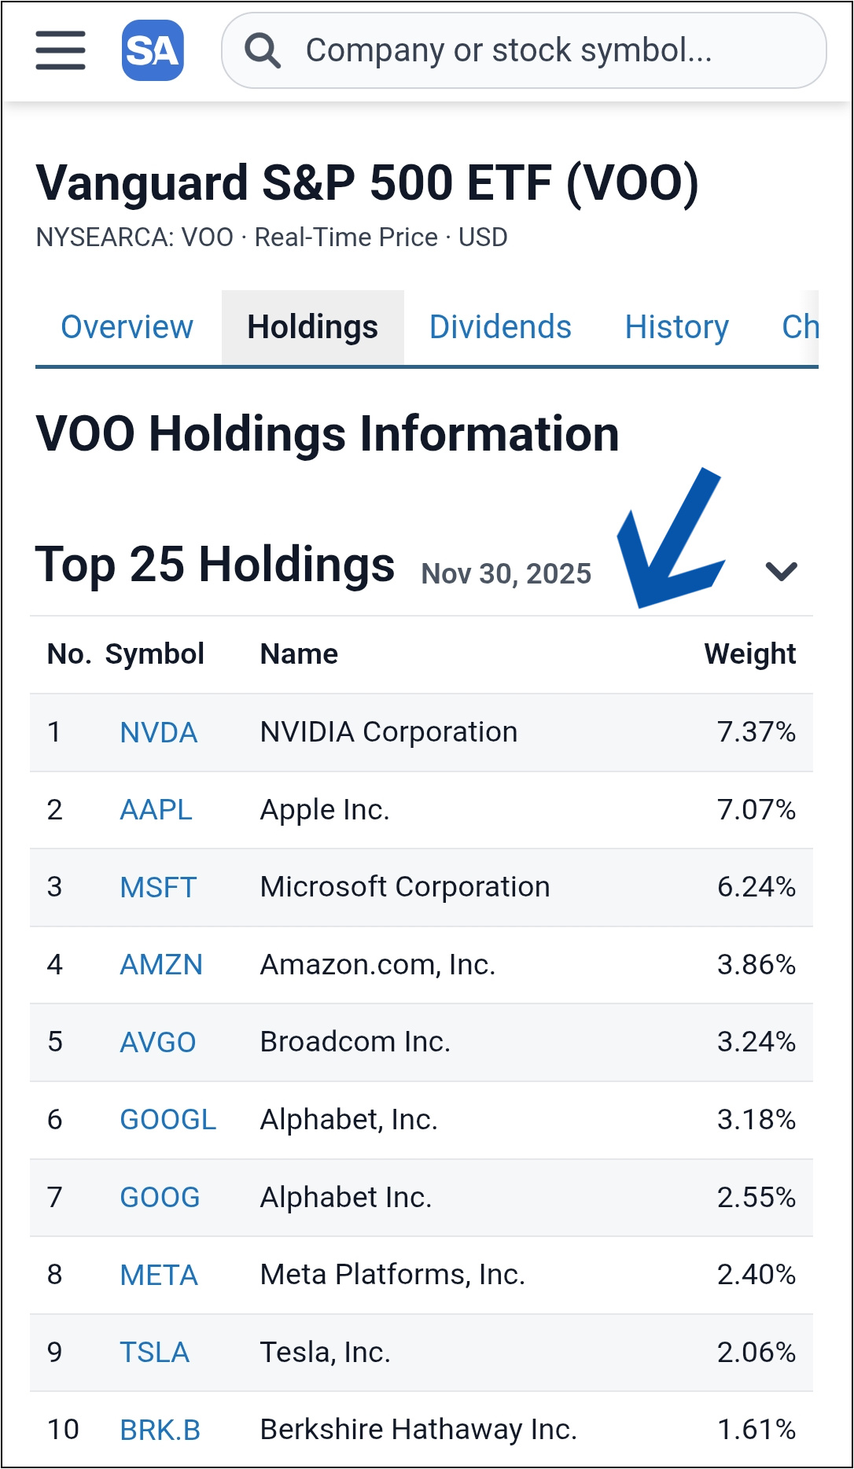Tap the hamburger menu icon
click(x=61, y=50)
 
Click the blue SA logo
click(x=153, y=51)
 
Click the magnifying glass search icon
click(x=262, y=51)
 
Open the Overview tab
click(x=127, y=327)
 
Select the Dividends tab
click(x=500, y=327)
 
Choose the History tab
click(x=676, y=327)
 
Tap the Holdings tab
click(x=312, y=327)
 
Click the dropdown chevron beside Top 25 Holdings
click(x=781, y=571)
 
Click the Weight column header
click(x=749, y=654)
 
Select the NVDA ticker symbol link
click(x=158, y=733)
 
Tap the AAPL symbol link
click(x=156, y=810)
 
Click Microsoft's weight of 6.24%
click(x=756, y=887)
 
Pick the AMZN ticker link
click(x=161, y=965)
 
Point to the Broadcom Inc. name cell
click(x=355, y=1042)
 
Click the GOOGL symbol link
click(x=167, y=1120)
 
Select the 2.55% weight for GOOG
click(x=756, y=1198)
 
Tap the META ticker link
click(x=159, y=1275)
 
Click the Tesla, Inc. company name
click(x=325, y=1353)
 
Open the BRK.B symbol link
click(x=160, y=1430)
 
